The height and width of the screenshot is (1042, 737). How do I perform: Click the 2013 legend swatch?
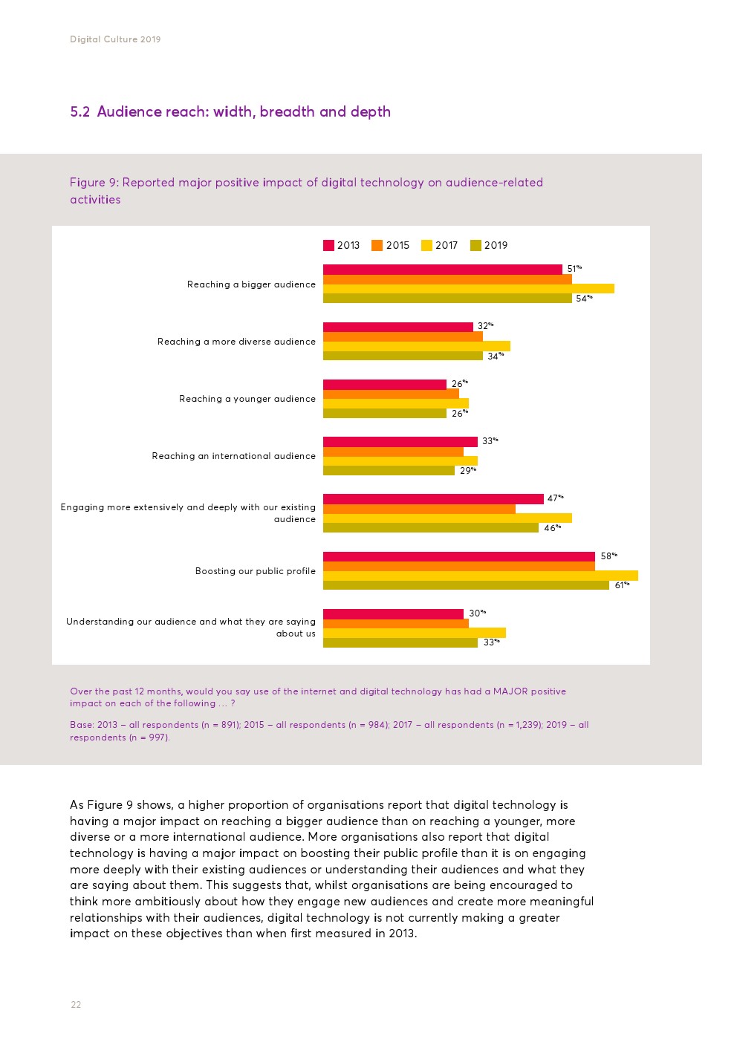tap(328, 246)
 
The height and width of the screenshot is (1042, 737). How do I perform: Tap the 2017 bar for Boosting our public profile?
tap(480, 576)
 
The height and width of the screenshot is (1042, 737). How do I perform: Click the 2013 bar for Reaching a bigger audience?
tap(442, 270)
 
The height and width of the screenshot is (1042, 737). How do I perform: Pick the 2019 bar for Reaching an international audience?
tap(389, 471)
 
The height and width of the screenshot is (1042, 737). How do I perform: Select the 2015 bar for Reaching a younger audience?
tap(391, 394)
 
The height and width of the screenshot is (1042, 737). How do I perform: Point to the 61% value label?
tap(622, 585)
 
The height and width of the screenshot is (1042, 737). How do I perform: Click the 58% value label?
tap(608, 556)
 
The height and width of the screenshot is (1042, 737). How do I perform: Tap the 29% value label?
tap(467, 471)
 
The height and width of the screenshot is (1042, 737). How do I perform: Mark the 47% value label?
tap(555, 498)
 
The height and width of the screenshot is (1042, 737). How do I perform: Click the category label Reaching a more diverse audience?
tap(236, 342)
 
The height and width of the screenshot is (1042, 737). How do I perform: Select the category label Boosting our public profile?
tap(255, 571)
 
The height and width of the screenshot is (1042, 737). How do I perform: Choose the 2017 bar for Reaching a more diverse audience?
tap(416, 346)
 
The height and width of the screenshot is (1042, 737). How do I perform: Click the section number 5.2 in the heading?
tap(79, 112)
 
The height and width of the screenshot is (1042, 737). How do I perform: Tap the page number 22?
tap(76, 1005)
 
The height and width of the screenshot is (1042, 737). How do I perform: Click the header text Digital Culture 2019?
tap(115, 39)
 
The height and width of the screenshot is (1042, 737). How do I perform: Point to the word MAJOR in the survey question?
tap(510, 691)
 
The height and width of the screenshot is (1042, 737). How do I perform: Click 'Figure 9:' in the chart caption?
tap(94, 183)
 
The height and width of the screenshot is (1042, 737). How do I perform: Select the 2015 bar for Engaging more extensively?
tap(419, 509)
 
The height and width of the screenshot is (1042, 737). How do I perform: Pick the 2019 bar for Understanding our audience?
tap(400, 643)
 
